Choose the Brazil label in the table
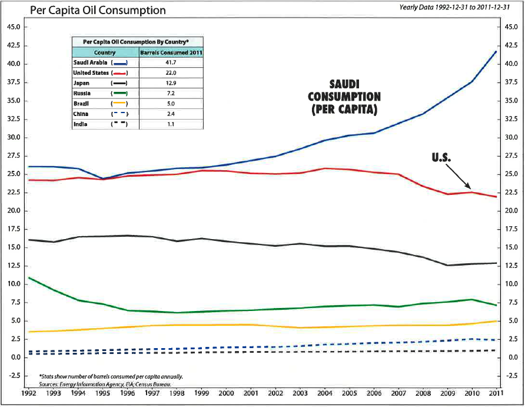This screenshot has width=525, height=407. pos(82,104)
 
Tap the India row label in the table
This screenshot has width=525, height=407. pos(81,124)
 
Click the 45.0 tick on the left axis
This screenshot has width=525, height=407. pos(14,27)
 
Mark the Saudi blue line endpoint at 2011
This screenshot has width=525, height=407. pos(496,51)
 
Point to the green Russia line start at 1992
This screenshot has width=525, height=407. pos(29,277)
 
